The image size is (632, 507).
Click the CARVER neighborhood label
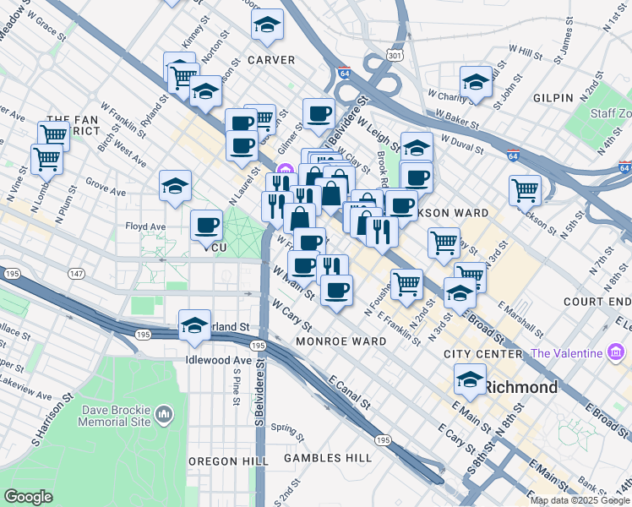pos(271,60)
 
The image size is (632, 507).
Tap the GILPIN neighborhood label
pos(553,99)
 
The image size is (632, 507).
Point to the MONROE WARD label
pos(341,341)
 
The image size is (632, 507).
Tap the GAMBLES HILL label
pos(327,458)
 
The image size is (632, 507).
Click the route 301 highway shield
pos(393,55)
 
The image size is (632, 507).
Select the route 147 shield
pos(77,275)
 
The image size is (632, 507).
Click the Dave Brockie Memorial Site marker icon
pos(164,415)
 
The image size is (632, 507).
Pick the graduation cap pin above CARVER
pos(267,27)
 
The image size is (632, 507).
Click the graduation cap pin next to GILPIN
pos(477,83)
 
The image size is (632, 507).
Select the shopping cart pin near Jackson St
pos(526,189)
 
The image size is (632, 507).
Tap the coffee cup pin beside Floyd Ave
pos(207,225)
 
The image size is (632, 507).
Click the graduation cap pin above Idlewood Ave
pos(194,325)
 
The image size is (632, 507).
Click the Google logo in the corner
pos(28,497)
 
